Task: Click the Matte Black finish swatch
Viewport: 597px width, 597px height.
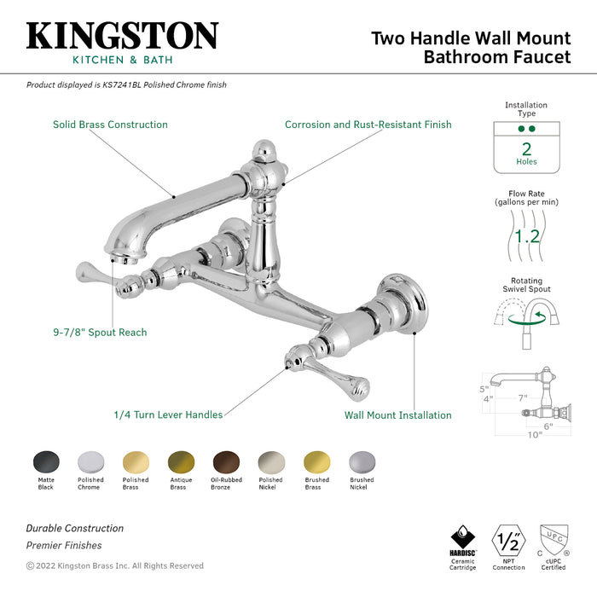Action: point(45,461)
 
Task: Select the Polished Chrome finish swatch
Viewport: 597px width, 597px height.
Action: point(90,461)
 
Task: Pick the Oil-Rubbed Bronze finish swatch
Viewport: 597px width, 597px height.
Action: point(226,461)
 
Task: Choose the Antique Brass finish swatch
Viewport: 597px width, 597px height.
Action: point(181,461)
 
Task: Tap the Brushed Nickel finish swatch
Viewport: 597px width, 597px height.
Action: point(362,461)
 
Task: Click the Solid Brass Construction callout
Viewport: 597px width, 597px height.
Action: point(110,125)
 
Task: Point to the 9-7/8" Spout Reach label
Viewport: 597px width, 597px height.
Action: point(98,332)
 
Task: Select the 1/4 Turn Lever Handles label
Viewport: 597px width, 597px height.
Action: point(168,414)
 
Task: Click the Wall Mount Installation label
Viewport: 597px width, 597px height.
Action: point(397,415)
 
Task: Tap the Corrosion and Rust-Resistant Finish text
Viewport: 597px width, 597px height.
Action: point(368,125)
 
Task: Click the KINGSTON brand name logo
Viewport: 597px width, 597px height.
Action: point(122,36)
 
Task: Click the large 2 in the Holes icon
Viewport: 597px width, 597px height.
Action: point(526,148)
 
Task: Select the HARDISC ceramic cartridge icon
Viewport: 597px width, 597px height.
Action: point(462,541)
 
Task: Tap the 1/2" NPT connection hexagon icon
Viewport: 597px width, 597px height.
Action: point(508,541)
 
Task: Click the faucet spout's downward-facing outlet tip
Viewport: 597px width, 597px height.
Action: point(119,250)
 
